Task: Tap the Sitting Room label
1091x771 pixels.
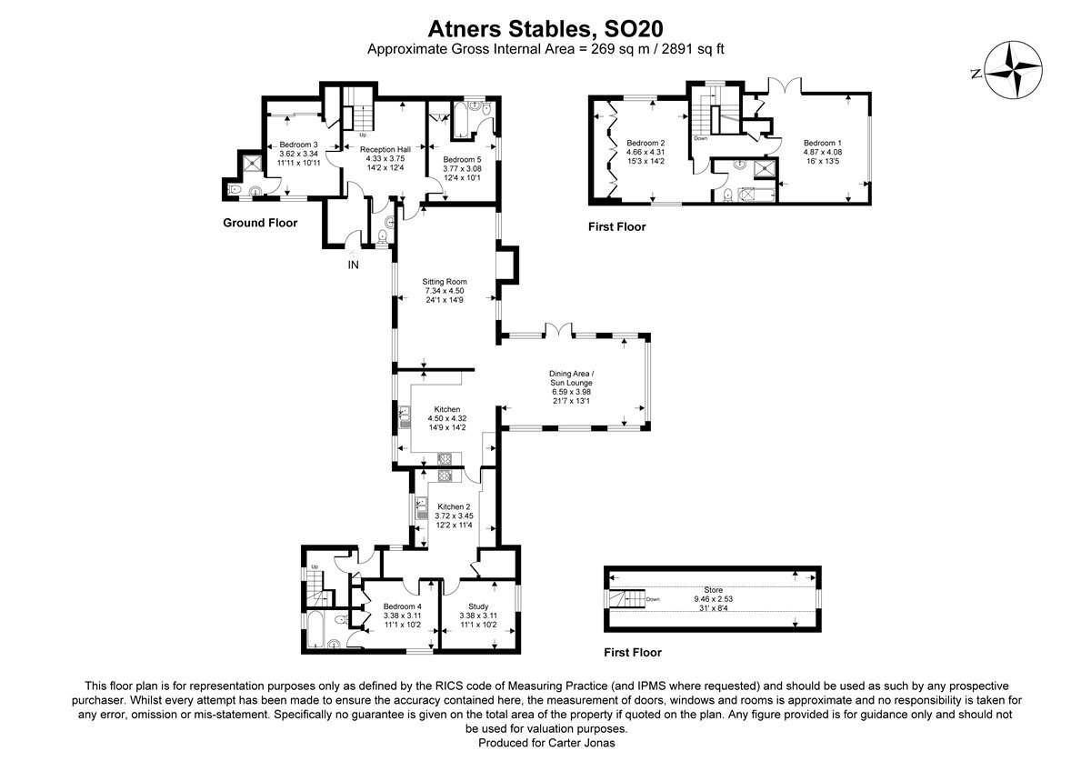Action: click(445, 282)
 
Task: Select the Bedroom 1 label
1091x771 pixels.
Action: click(822, 143)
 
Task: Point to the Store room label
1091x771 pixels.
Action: click(713, 590)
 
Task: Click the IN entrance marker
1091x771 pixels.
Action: click(353, 265)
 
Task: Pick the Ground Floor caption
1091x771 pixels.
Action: click(260, 223)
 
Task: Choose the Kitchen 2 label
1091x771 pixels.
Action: click(454, 506)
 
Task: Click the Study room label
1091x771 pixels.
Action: click(478, 606)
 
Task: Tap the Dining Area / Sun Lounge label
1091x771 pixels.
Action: click(571, 378)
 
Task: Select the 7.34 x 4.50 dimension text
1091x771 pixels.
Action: click(445, 291)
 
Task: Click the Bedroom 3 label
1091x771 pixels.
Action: click(298, 145)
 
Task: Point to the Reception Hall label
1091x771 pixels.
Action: click(385, 149)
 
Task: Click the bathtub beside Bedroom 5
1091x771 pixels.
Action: click(460, 119)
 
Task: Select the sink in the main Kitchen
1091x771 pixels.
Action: click(405, 417)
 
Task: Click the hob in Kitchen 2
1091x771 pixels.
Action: click(445, 476)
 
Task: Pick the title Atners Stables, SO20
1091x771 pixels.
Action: click(545, 29)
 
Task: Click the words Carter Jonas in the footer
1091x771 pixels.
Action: click(581, 743)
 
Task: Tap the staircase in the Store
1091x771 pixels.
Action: click(626, 599)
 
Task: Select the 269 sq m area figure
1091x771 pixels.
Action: click(620, 49)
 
